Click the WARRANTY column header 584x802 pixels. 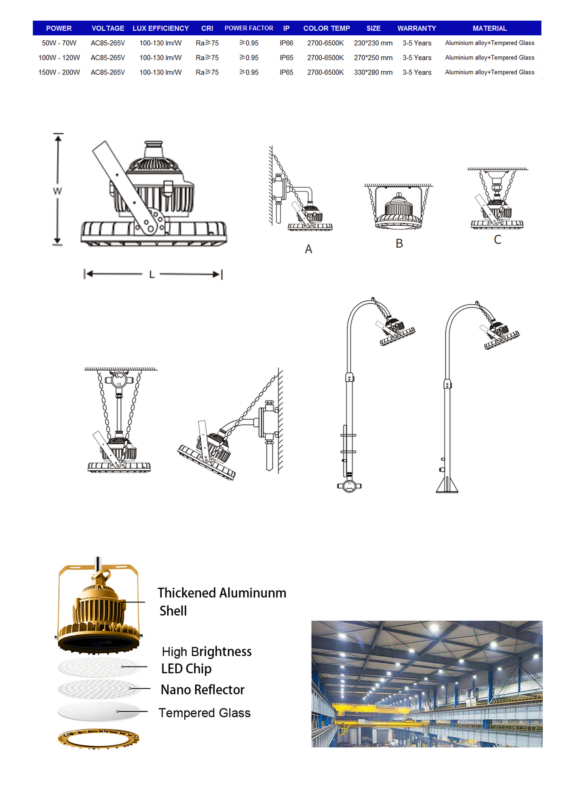click(x=417, y=28)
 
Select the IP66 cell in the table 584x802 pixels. click(x=286, y=43)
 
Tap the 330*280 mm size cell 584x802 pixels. click(x=373, y=72)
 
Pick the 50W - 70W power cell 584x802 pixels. click(x=59, y=43)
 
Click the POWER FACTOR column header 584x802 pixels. click(x=249, y=28)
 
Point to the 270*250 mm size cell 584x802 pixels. click(x=373, y=58)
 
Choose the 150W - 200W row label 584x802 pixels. click(x=59, y=72)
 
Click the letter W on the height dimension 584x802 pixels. click(x=57, y=191)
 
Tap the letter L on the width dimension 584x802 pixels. click(x=152, y=275)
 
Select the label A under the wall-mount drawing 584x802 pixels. click(x=308, y=249)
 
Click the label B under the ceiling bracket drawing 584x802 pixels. click(x=399, y=244)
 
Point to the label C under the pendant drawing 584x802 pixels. click(x=498, y=240)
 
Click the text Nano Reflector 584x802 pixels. click(x=202, y=690)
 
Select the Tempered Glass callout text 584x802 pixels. click(x=205, y=713)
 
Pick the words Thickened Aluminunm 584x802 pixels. click(x=222, y=593)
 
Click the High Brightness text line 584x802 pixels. click(x=207, y=651)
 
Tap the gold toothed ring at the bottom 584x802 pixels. click(x=98, y=739)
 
